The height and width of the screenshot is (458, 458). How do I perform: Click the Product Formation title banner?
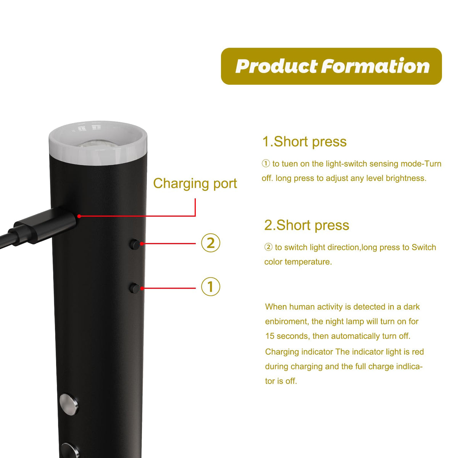coord(331,66)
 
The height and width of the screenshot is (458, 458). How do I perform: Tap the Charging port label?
coord(195,184)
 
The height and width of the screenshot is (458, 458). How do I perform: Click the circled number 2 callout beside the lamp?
coord(211,243)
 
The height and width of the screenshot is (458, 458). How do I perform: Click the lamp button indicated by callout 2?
coord(135,244)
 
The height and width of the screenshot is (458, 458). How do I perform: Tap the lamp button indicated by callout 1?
coord(134,288)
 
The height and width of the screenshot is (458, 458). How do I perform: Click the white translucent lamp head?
coord(98,143)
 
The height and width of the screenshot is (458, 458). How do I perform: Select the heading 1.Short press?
coord(305,142)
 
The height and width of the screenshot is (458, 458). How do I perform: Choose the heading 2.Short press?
coord(306,225)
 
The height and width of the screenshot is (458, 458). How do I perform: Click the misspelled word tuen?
coord(289,164)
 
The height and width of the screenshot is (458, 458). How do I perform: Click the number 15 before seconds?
coord(270,336)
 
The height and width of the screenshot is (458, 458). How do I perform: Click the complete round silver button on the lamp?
coord(69,404)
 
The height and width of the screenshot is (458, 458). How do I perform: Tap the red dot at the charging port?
coord(79,216)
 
